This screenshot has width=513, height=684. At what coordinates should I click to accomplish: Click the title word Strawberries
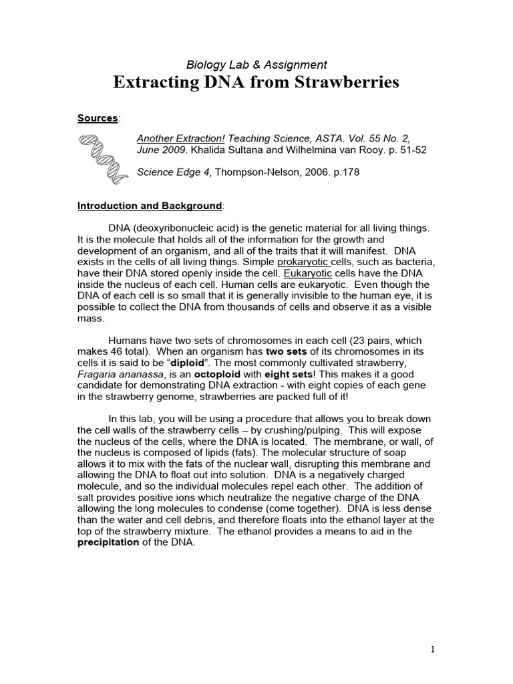click(x=345, y=83)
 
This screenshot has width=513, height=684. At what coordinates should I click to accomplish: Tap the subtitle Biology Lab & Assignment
click(x=256, y=65)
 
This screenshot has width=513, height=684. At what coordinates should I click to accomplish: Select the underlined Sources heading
click(x=98, y=118)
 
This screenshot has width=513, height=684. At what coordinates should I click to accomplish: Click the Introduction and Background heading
click(x=150, y=206)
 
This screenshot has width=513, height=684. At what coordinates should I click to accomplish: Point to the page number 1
click(x=433, y=649)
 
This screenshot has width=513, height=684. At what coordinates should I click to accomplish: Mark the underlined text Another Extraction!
click(x=177, y=138)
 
